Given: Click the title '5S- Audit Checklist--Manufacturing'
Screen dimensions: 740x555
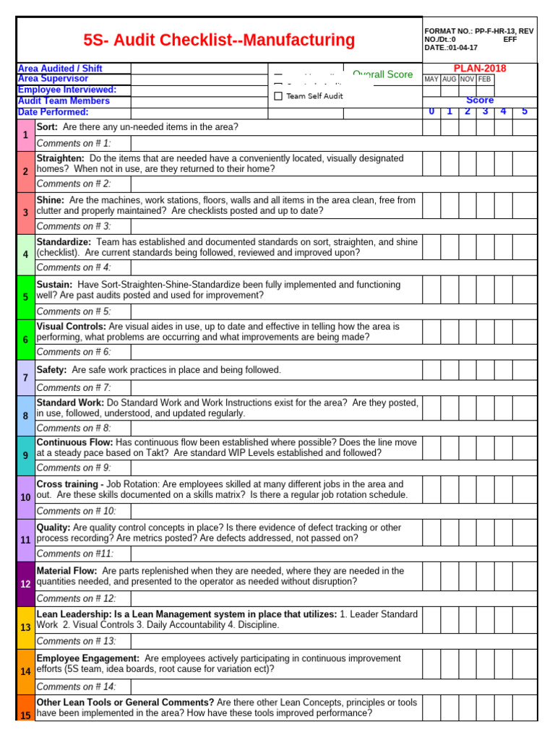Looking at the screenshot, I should click(x=219, y=40).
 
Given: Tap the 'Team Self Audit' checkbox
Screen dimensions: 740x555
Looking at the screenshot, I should click(x=278, y=96).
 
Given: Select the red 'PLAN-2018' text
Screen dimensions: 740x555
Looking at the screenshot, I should click(x=479, y=68).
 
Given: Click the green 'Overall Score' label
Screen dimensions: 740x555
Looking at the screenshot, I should click(x=383, y=74).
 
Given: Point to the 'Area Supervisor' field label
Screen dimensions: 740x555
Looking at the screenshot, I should click(x=53, y=79).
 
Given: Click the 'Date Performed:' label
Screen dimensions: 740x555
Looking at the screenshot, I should click(x=53, y=112).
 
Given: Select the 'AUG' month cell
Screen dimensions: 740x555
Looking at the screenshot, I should click(x=449, y=79).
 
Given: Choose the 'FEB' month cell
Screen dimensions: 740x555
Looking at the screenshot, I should click(x=484, y=79).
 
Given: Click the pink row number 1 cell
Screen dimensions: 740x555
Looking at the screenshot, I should click(x=25, y=135).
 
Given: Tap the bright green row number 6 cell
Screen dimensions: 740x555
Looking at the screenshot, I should click(x=25, y=340).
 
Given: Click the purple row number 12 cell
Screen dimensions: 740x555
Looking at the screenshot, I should click(x=25, y=584).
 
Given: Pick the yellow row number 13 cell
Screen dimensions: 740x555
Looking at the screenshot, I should click(x=25, y=627).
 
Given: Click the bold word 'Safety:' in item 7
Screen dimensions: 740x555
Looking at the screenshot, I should click(x=51, y=370).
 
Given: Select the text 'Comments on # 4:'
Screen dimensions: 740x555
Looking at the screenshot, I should click(x=74, y=267).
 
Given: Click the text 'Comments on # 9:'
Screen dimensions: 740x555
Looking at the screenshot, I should click(x=74, y=468).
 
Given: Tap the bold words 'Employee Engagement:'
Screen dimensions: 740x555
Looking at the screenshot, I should click(x=87, y=658).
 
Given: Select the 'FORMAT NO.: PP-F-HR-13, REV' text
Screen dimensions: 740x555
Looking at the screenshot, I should click(x=478, y=31).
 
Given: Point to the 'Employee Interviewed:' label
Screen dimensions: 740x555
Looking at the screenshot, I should click(x=66, y=90).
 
